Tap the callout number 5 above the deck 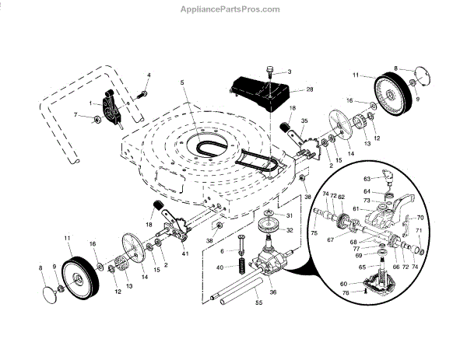pos(181,83)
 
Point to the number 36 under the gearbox pos(273,292)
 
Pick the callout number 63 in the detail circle pos(367,179)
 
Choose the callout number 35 pos(304,121)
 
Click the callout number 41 pos(185,254)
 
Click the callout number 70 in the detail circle pos(420,218)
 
